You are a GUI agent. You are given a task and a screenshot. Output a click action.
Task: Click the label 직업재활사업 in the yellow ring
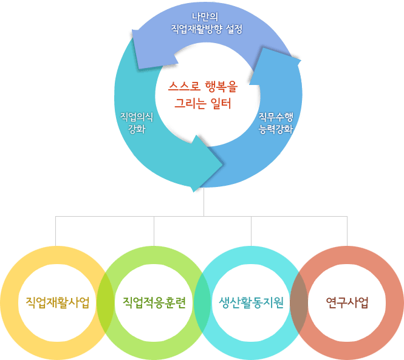pyautogui.click(x=58, y=302)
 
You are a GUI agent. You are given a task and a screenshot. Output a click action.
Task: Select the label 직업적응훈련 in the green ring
pyautogui.click(x=154, y=302)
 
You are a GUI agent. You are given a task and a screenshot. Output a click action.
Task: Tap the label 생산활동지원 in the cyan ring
pyautogui.click(x=252, y=302)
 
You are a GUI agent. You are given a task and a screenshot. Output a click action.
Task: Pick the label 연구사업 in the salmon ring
pyautogui.click(x=347, y=302)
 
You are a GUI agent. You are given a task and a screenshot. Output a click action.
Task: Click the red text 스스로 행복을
pyautogui.click(x=203, y=87)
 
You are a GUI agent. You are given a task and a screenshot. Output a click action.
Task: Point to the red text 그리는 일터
pyautogui.click(x=203, y=103)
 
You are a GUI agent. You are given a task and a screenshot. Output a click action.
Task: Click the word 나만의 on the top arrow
pyautogui.click(x=205, y=17)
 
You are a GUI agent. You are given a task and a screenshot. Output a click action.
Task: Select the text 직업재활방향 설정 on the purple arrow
pyautogui.click(x=207, y=29)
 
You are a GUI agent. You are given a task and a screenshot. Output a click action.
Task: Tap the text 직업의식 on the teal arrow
pyautogui.click(x=137, y=117)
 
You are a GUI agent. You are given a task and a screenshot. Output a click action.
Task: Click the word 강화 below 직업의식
pyautogui.click(x=137, y=129)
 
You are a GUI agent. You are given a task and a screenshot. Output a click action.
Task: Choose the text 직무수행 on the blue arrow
pyautogui.click(x=276, y=117)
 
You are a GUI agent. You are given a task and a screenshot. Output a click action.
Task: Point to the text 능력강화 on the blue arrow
pyautogui.click(x=276, y=129)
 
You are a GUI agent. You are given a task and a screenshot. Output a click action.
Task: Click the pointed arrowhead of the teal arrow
pyautogui.click(x=222, y=164)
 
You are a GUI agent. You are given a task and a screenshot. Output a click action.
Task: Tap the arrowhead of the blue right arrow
pyautogui.click(x=300, y=61)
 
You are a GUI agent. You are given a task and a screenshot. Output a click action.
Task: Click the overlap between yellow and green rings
pyautogui.click(x=105, y=303)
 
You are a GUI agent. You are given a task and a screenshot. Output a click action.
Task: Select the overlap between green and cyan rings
pyautogui.click(x=202, y=303)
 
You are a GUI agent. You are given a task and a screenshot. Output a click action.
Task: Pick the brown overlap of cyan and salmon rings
pyautogui.click(x=299, y=303)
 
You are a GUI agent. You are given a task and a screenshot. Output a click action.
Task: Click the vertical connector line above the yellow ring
pyautogui.click(x=56, y=231)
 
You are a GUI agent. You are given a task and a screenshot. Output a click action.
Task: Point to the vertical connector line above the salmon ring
pyautogui.click(x=347, y=231)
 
